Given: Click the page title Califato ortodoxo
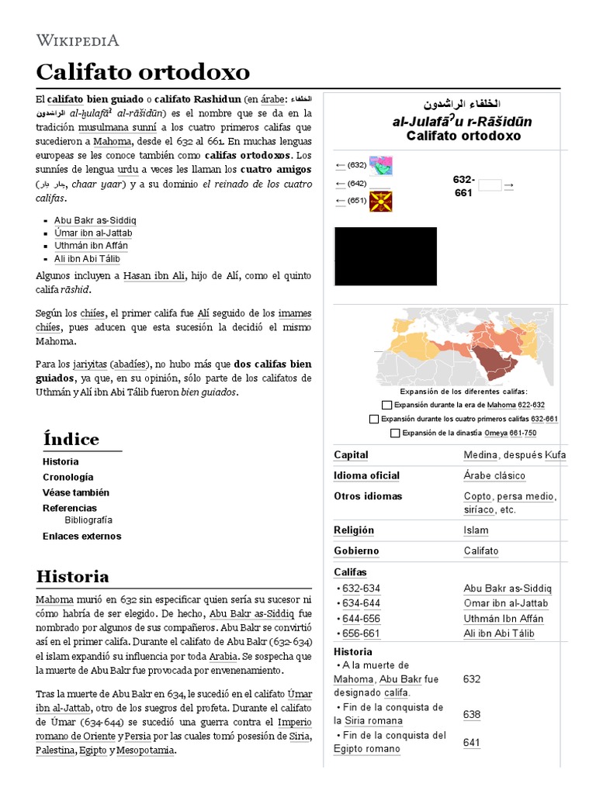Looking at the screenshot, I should click(143, 73).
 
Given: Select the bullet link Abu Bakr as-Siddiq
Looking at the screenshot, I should click(95, 220).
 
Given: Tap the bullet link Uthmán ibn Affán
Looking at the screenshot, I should click(91, 246).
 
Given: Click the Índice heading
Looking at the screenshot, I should click(71, 440).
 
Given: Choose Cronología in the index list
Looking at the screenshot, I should click(68, 477).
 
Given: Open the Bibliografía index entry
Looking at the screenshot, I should click(88, 520).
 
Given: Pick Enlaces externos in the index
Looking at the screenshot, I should click(81, 536).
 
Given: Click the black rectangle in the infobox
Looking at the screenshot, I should click(386, 257).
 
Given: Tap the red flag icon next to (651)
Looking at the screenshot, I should click(380, 201).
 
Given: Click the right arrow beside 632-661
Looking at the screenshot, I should click(509, 185).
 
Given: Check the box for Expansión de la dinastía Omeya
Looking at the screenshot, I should click(396, 433).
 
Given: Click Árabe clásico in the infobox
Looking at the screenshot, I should click(494, 475).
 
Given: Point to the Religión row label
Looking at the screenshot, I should click(354, 530).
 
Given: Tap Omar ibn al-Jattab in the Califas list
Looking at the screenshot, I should click(505, 603).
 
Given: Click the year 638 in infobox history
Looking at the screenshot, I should click(472, 714).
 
